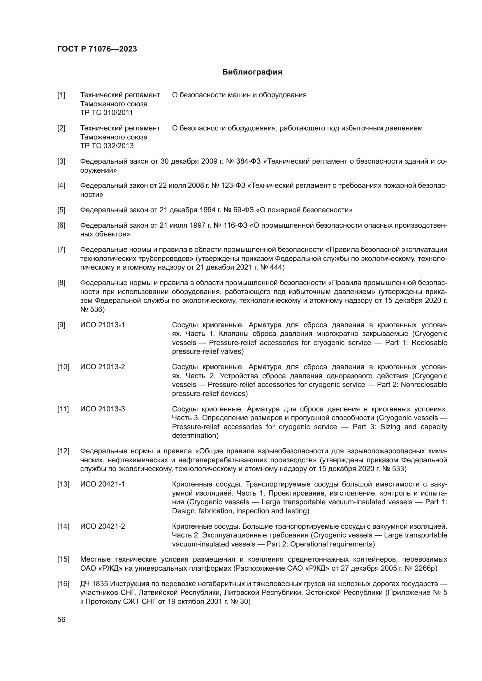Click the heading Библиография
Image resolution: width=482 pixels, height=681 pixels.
coord(252,72)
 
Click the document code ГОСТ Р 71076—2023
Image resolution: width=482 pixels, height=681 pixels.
coord(97,49)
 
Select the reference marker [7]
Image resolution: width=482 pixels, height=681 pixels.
coord(61,250)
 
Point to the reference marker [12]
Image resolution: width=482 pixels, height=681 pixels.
coord(63,451)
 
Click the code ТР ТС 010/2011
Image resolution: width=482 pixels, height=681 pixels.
coord(107,113)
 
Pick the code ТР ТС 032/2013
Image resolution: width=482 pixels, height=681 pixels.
coord(107,146)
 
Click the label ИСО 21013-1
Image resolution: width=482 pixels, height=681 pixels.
coord(102,325)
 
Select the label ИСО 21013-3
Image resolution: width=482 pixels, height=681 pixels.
coord(102,409)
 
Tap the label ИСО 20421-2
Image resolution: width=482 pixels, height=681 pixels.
coord(102,526)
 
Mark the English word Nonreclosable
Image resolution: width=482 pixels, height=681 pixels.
coord(424,385)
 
